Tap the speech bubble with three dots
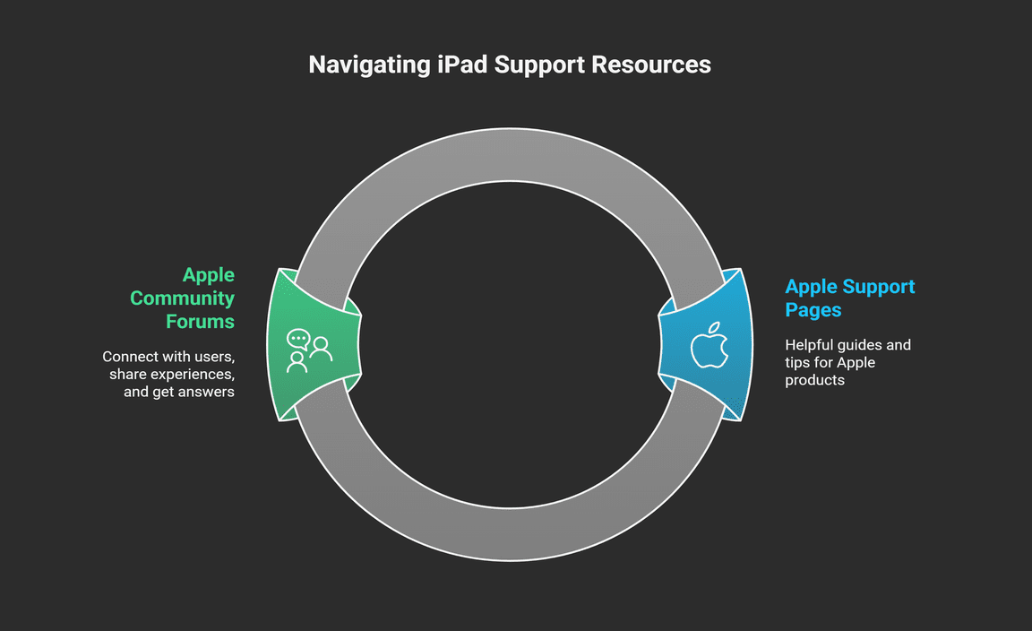click(297, 341)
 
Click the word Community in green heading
click(182, 298)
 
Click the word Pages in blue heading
click(813, 309)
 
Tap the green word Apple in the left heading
click(209, 274)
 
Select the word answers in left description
click(206, 392)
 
